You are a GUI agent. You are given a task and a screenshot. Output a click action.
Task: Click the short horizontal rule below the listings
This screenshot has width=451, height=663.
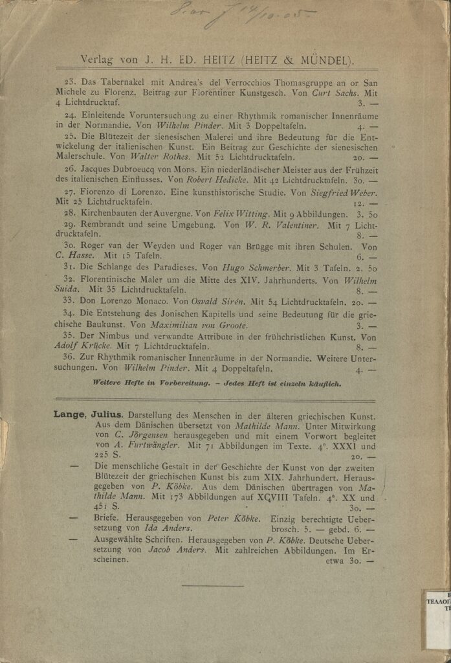(x=213, y=587)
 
